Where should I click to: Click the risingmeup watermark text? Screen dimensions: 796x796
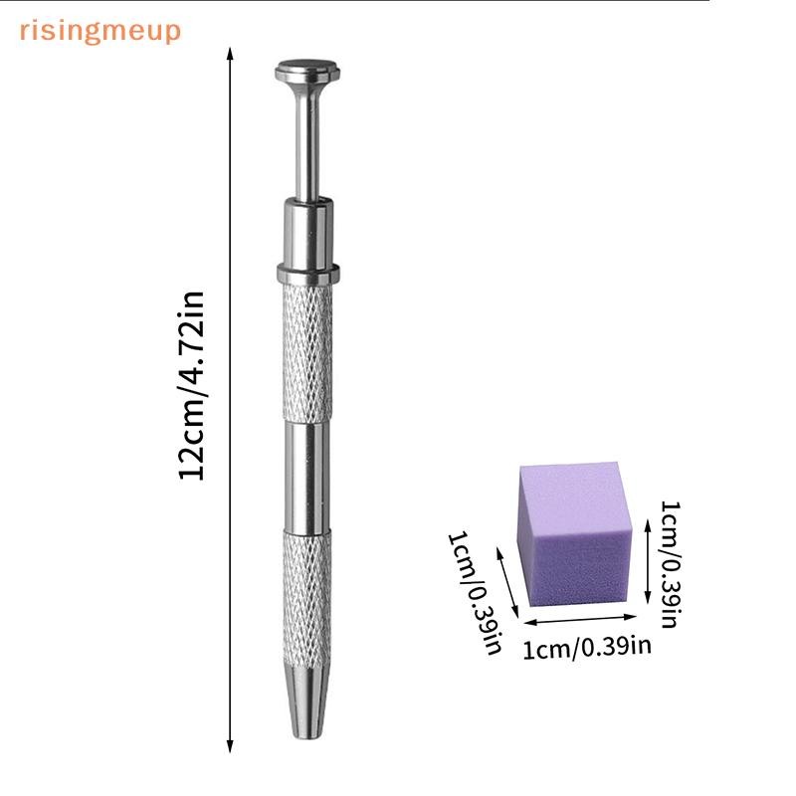coord(100,32)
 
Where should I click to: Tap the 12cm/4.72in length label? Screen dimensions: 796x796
coord(191,386)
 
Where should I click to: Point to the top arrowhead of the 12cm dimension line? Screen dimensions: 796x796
coord(230,54)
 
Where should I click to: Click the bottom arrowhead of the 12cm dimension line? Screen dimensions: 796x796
coord(230,746)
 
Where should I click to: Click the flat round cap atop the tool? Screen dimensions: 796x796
coord(307,70)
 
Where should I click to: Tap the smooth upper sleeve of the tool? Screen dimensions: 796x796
coord(307,233)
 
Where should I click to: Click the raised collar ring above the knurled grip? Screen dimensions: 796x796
coord(307,273)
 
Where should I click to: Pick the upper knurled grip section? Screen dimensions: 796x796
coord(307,352)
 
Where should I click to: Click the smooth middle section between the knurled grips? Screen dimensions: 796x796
coord(307,477)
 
